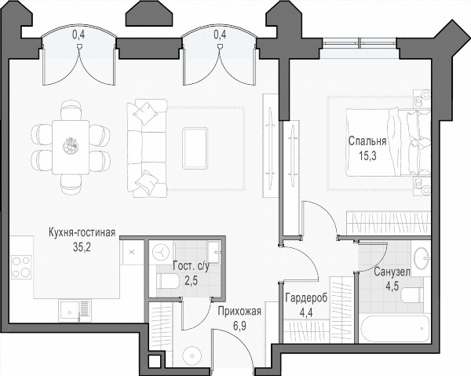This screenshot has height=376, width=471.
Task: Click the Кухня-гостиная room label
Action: point(82,232)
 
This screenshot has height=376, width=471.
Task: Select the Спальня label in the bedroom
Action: point(367,141)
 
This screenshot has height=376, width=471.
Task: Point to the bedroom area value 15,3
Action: point(367,155)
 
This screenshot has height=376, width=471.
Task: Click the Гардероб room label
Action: point(306,298)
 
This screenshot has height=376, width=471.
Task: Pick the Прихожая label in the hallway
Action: point(239,312)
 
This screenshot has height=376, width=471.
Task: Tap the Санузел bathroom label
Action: point(392,272)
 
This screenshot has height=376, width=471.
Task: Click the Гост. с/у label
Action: point(191,267)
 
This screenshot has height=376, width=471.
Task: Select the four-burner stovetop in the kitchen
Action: point(21,267)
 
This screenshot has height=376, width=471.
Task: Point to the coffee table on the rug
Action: point(195,148)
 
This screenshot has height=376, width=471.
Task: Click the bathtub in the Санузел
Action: point(395,329)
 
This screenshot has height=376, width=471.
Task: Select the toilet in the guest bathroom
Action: point(168,281)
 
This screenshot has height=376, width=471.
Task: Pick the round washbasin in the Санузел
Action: point(422,257)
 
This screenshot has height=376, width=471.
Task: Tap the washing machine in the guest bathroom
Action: point(162,253)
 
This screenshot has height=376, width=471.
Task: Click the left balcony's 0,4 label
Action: point(78,35)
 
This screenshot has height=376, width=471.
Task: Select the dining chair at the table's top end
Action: point(71,110)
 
